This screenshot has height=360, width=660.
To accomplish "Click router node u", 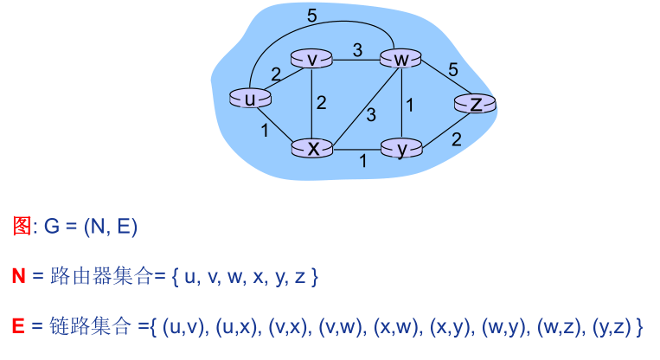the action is tap(249, 99).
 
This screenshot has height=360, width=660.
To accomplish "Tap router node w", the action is tap(400, 59).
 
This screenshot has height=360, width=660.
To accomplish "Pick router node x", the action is tap(313, 148).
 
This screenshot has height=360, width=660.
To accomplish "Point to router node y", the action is tap(401, 150).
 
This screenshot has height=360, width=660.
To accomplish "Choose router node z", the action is tap(475, 105).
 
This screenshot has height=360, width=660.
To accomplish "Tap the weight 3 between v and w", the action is tap(356, 48).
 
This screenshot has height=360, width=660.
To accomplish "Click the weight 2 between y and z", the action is tap(456, 138).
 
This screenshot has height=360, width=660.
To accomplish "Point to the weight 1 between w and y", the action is tap(410, 105).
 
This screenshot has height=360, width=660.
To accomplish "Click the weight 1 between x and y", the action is tap(362, 161).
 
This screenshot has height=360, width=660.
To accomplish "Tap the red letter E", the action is tap(18, 326).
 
